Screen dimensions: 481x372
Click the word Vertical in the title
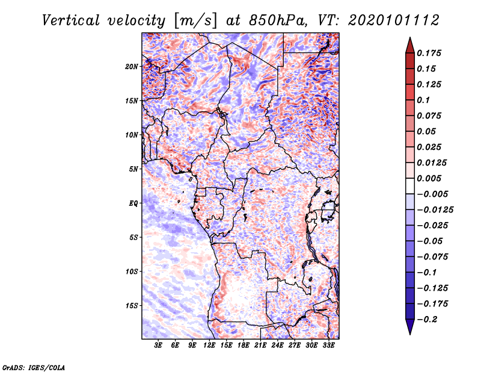tap(71, 20)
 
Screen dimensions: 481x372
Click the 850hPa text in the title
tap(277, 20)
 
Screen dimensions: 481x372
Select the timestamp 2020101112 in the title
tap(394, 20)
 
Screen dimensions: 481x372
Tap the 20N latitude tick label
tap(132, 67)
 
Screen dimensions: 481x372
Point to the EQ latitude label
tap(133, 203)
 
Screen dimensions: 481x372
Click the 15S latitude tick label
tap(132, 306)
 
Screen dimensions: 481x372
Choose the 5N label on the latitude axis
tap(133, 169)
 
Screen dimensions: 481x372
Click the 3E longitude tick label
tap(158, 346)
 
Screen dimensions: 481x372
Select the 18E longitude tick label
tap(244, 346)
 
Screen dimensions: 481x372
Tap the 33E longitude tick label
tap(328, 346)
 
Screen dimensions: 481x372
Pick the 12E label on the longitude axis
tap(209, 346)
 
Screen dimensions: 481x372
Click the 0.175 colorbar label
tap(429, 53)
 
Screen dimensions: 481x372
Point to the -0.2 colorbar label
tap(427, 320)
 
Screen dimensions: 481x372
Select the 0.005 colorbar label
tap(429, 178)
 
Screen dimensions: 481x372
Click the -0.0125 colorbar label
tap(435, 210)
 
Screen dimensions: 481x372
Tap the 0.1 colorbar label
tap(423, 100)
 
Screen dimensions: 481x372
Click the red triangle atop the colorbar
tap(410, 46)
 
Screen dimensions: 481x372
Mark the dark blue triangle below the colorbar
tap(410, 326)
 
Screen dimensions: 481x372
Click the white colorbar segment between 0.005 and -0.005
tap(410, 186)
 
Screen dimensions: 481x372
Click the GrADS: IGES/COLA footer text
tap(34, 367)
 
